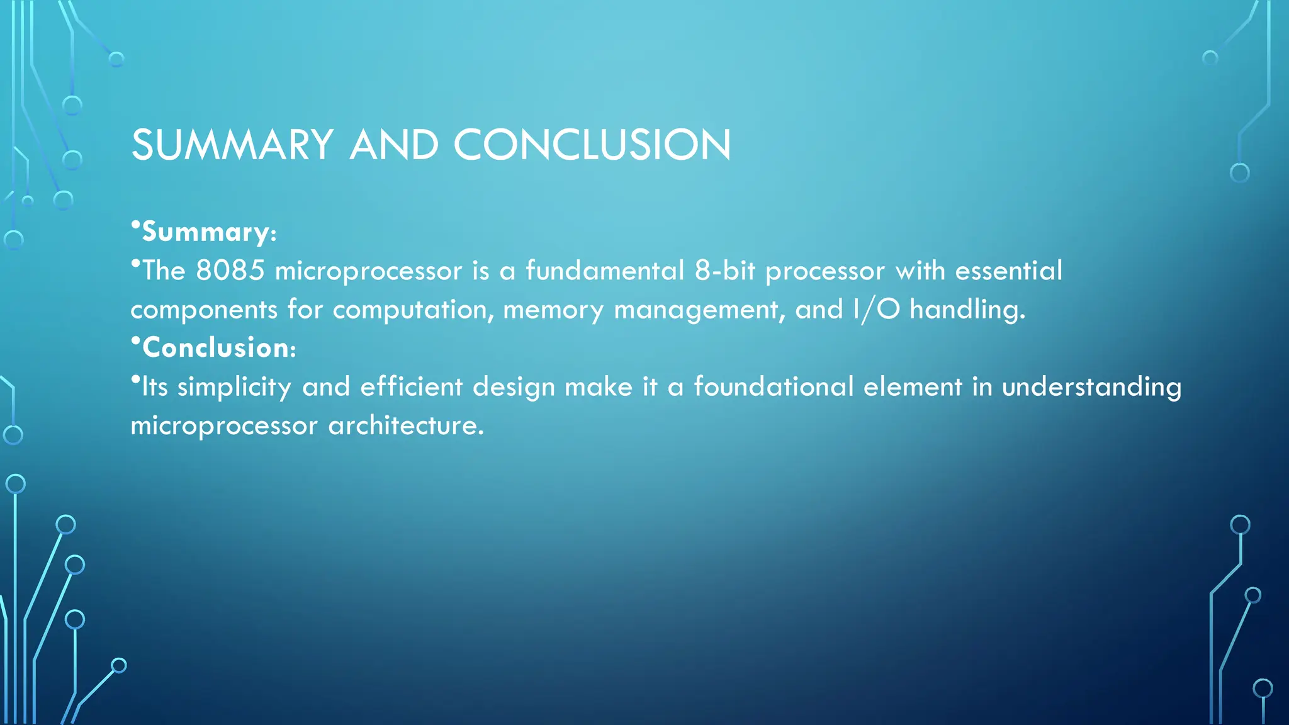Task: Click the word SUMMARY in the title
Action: pyautogui.click(x=232, y=145)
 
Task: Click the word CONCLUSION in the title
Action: pyautogui.click(x=592, y=145)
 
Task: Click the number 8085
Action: pyautogui.click(x=230, y=271)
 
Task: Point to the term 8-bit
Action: pyautogui.click(x=724, y=271)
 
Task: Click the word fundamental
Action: pyautogui.click(x=604, y=271)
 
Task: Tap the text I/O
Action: pyautogui.click(x=876, y=310)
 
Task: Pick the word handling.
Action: pyautogui.click(x=967, y=310)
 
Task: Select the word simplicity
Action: pyautogui.click(x=234, y=387)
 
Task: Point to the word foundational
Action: pyautogui.click(x=773, y=386)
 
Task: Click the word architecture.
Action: pyautogui.click(x=406, y=425)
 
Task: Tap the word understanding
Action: pyautogui.click(x=1091, y=387)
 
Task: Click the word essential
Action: pyautogui.click(x=1008, y=271)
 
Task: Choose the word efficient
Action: pyautogui.click(x=411, y=386)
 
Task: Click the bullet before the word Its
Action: pyautogui.click(x=135, y=379)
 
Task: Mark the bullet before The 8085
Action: pyautogui.click(x=135, y=264)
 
